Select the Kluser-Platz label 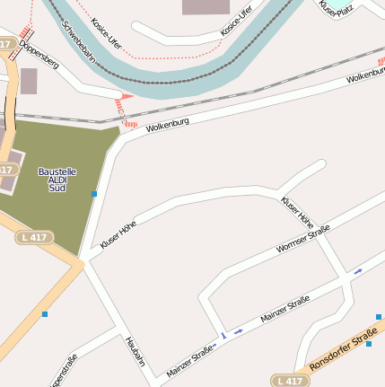[x=337, y=8]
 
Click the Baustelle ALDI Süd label [x=57, y=180]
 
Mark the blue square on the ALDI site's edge [x=94, y=193]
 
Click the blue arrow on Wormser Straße [x=358, y=270]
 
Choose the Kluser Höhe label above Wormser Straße [x=297, y=210]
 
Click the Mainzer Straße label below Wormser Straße [x=284, y=309]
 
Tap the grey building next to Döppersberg [x=29, y=81]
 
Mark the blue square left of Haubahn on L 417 [x=44, y=313]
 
